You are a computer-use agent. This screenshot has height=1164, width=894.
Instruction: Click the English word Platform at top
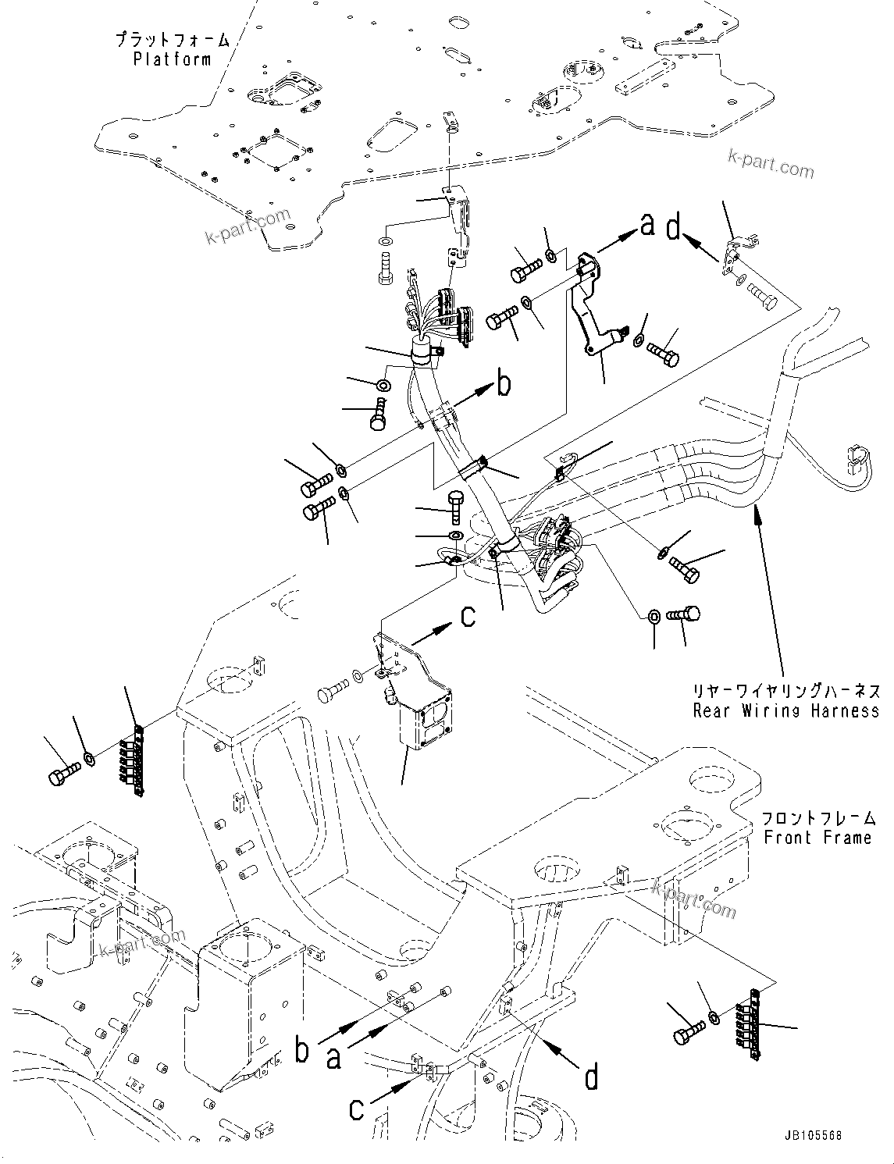[x=172, y=59]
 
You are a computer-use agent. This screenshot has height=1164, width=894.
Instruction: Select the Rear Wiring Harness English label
[x=786, y=710]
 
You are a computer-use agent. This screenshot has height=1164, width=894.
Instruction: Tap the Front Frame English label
[x=817, y=838]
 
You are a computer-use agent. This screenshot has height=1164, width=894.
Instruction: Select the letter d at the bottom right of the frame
[x=592, y=1077]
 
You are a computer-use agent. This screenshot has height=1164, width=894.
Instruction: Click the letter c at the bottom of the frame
[x=356, y=1109]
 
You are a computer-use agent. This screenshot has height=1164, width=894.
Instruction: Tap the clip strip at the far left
[x=137, y=761]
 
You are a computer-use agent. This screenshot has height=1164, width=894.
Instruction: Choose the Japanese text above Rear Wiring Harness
[x=786, y=691]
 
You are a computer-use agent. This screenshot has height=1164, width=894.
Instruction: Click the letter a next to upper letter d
[x=646, y=225]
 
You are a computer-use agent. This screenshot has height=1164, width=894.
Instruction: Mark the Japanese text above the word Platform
[x=172, y=39]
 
